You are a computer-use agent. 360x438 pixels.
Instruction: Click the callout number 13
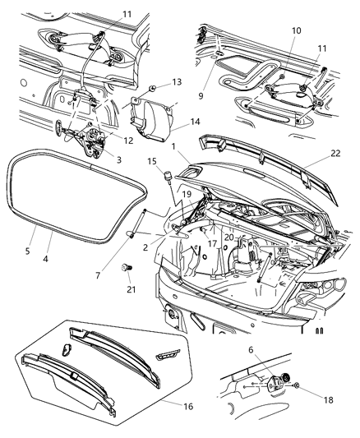[177, 82]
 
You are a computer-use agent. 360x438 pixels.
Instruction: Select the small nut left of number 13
[153, 86]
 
